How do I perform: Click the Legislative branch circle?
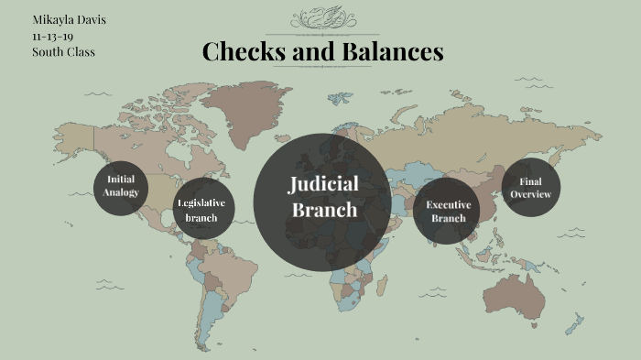coord(203,210)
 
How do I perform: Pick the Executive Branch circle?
coord(447,211)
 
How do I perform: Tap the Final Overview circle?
coord(531,188)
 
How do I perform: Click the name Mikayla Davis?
coord(69,19)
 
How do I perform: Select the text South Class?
coord(63,51)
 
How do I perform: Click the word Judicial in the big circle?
coord(322,184)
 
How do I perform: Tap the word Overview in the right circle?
coord(531,195)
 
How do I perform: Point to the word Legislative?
coord(201,202)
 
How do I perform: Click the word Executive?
coord(448,204)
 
